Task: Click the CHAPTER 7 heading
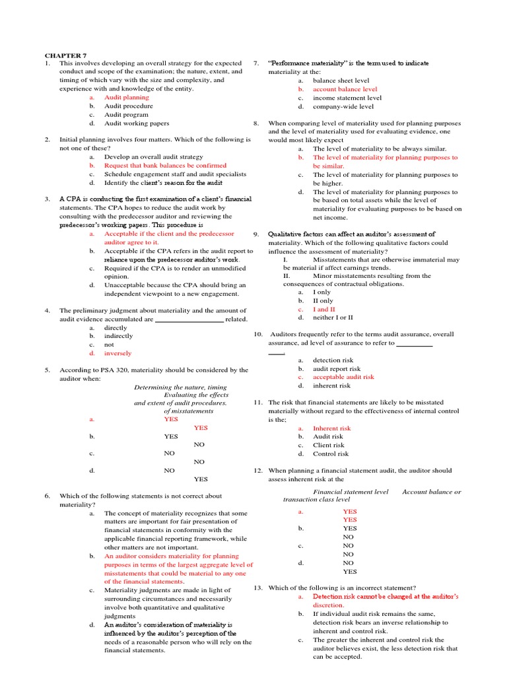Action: pos(65,55)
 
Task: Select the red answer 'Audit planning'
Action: pos(127,97)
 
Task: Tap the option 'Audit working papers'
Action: pos(137,123)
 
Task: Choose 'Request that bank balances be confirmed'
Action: pos(165,166)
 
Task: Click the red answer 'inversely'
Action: pos(118,353)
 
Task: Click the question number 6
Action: pos(48,496)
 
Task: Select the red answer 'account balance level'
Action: pos(345,88)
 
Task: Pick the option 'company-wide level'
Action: pos(343,106)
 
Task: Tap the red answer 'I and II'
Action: pos(324,309)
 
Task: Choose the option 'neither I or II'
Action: pos(333,318)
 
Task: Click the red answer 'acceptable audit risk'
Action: pos(343,377)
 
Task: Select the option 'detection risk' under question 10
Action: pos(333,360)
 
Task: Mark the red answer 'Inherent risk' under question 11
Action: pos(331,428)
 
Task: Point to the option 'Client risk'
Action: pos(329,445)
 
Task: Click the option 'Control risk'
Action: pos(331,454)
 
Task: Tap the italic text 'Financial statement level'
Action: pos(351,492)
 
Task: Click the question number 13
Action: pos(258,588)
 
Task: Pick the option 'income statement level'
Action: pos(347,98)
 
